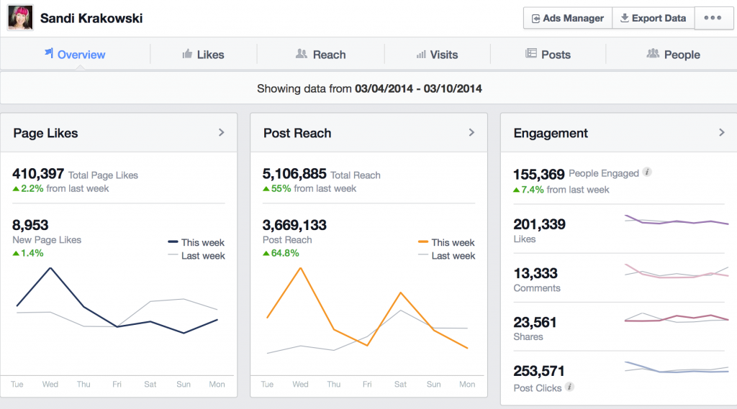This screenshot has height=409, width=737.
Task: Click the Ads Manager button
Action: click(567, 18)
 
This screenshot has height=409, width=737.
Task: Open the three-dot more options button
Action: click(713, 18)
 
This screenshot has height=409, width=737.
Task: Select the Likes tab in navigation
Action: click(203, 55)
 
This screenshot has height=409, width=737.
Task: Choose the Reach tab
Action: click(320, 55)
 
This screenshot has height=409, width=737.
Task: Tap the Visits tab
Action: click(437, 55)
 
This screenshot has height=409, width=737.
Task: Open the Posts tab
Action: click(548, 55)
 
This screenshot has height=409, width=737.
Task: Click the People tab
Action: click(673, 55)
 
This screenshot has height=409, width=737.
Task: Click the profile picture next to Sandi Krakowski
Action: click(20, 18)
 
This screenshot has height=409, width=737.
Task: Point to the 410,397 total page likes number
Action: click(38, 174)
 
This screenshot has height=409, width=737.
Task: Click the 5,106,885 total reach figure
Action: click(295, 174)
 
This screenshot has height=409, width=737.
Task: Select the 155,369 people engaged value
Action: click(538, 174)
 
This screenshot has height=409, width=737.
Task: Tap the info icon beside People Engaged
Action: click(647, 173)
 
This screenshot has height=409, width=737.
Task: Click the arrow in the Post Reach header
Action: click(471, 132)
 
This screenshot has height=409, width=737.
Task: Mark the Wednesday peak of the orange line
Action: click(300, 267)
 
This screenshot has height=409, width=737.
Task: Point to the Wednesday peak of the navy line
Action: click(50, 268)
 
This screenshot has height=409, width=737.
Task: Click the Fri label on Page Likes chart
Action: click(117, 385)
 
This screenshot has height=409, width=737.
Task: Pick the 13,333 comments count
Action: click(535, 273)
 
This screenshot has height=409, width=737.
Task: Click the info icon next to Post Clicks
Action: click(569, 387)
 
